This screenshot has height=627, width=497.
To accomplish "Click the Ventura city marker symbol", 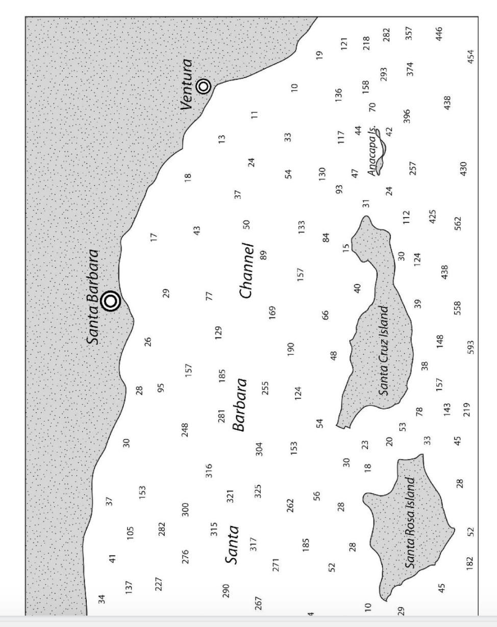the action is coord(204,87).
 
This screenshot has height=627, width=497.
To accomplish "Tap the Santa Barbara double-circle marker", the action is coord(110,301).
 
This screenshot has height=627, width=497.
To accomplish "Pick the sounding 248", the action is coord(185,430).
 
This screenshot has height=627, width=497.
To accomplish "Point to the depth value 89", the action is coord(263,255).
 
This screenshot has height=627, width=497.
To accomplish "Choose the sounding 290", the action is coord(227,590).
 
